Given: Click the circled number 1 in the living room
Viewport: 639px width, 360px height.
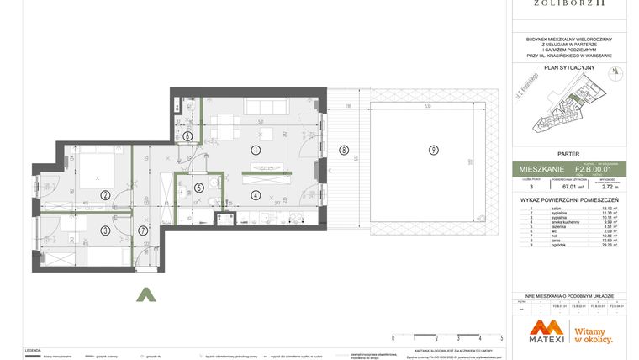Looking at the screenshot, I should point(256,149).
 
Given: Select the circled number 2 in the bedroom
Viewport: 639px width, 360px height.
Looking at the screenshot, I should point(105,196).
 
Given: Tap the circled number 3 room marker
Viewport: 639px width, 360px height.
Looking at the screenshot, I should point(105,230).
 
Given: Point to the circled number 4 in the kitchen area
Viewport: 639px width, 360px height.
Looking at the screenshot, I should point(256,195).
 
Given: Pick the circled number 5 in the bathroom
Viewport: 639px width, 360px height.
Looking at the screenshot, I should point(198,188).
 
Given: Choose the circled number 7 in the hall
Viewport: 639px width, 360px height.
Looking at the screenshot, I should point(143,230).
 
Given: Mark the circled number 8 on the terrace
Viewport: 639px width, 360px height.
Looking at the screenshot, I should point(343,151).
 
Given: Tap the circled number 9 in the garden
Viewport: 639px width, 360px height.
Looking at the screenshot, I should point(433,151).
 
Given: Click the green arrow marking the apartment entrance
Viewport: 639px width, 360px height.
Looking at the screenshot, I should point(146,294).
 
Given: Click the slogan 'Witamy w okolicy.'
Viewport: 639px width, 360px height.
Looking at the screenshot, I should point(593,335).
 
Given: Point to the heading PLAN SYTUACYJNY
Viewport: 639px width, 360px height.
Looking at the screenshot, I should point(569,67).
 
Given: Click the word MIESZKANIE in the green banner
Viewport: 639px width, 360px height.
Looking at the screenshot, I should point(543,170).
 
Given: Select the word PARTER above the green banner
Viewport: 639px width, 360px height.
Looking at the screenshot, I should point(569,154).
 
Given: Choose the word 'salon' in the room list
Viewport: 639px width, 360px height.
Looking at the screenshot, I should point(556,208).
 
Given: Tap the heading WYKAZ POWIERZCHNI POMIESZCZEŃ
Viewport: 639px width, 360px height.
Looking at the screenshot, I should point(569,200).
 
